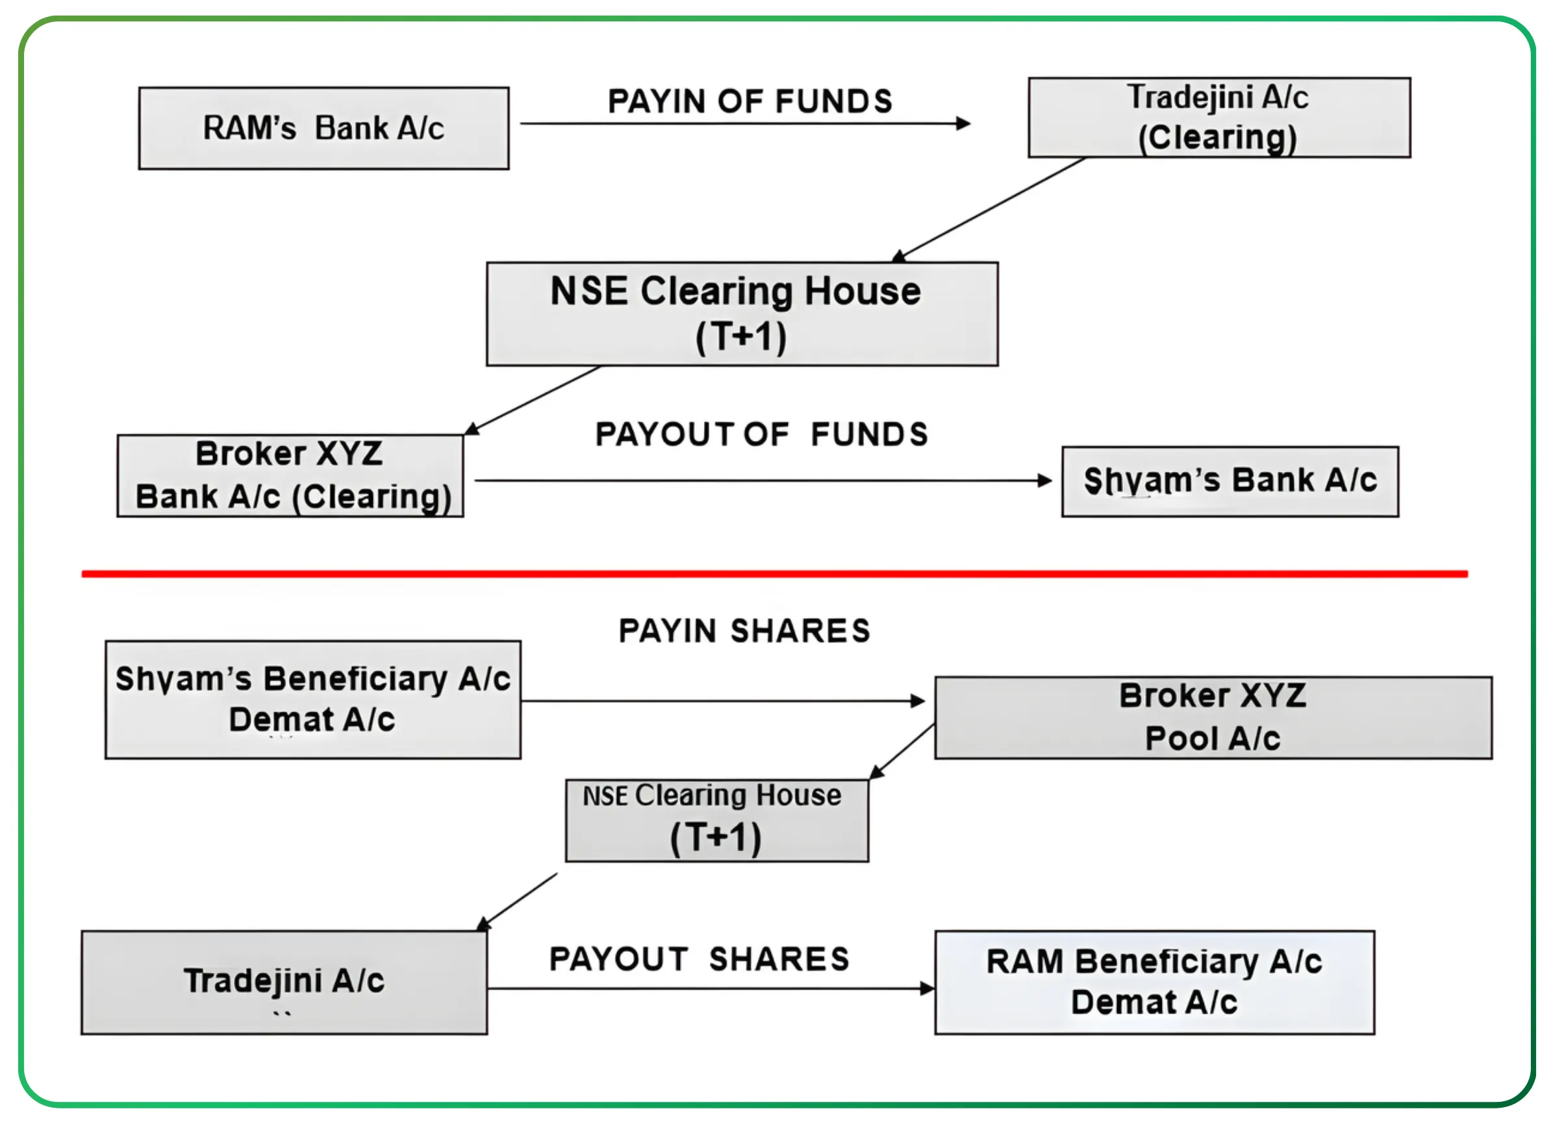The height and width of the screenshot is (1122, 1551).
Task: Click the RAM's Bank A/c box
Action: click(323, 128)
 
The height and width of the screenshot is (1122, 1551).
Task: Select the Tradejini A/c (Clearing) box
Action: click(1218, 118)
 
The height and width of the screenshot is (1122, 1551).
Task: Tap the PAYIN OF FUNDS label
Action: click(750, 101)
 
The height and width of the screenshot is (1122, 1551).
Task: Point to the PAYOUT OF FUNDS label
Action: click(761, 434)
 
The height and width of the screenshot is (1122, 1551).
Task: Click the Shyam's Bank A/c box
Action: click(1229, 481)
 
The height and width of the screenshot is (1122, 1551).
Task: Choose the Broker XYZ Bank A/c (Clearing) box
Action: click(290, 476)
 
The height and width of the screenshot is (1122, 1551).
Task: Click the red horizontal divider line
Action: click(774, 573)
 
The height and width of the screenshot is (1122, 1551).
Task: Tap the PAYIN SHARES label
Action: click(744, 630)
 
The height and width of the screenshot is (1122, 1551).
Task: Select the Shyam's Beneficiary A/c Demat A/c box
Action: click(312, 699)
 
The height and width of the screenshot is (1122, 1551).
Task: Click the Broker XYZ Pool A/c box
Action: click(1213, 717)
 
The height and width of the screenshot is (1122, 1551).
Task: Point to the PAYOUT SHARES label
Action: click(699, 958)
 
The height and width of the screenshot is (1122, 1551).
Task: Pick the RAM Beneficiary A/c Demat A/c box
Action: click(1154, 982)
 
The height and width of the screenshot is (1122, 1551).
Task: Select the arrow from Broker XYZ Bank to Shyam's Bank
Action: click(762, 480)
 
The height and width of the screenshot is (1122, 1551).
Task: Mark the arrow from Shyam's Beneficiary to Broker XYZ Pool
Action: click(722, 701)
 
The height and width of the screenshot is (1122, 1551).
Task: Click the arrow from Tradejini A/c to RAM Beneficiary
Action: click(710, 988)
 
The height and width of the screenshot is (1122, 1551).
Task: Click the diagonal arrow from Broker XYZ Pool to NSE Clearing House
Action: click(903, 751)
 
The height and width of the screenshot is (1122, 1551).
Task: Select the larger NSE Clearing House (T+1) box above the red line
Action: click(742, 314)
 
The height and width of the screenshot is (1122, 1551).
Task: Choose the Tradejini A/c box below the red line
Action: click(284, 982)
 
